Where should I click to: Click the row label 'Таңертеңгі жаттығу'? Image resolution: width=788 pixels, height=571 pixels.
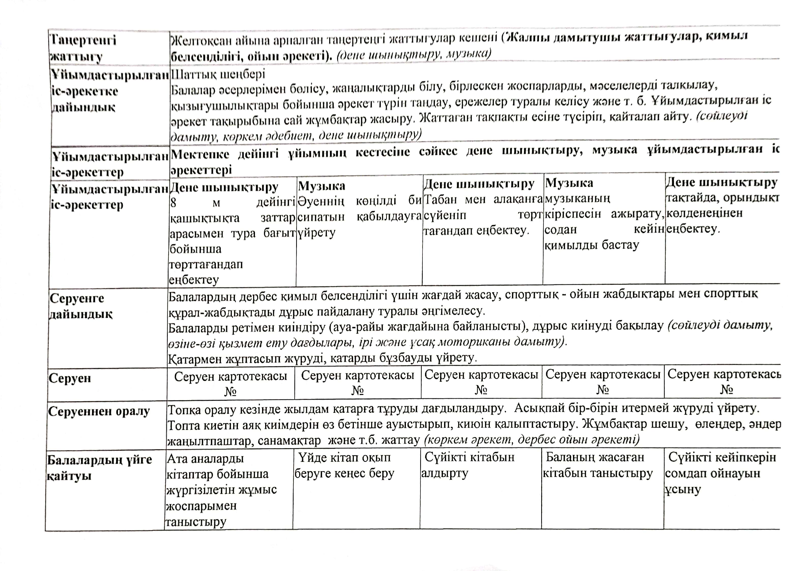(x=83, y=48)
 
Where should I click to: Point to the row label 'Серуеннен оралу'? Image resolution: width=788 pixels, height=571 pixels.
(x=99, y=411)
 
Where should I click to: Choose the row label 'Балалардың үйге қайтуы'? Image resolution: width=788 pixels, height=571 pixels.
(x=99, y=467)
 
